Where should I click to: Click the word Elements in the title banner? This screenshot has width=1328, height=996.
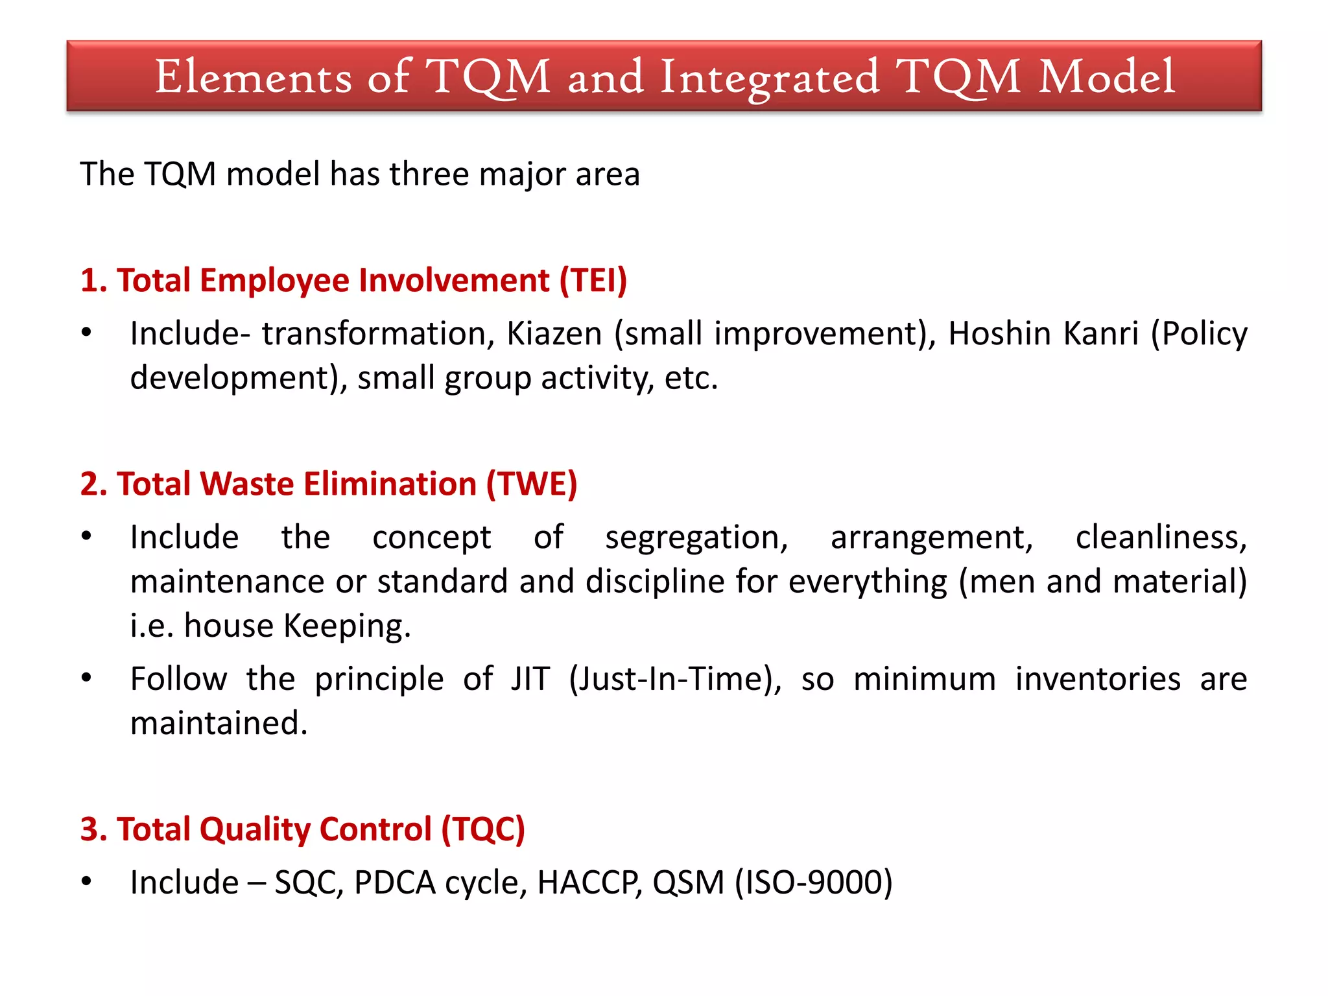(x=253, y=77)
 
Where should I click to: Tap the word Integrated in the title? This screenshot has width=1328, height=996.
(x=770, y=78)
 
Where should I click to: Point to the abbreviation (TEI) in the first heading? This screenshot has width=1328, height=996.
(x=593, y=280)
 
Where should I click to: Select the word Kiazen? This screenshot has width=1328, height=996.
(x=554, y=333)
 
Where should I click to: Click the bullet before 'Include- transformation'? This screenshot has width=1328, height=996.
(x=86, y=333)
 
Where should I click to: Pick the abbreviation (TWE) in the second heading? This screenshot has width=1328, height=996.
(x=531, y=484)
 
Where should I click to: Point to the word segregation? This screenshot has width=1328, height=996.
(x=696, y=538)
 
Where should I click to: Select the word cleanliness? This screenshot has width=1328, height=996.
(x=1161, y=538)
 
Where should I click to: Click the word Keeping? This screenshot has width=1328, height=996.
(x=348, y=626)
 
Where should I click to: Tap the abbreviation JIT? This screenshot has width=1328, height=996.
(x=530, y=679)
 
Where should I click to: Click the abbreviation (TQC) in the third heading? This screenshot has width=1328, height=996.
(x=483, y=829)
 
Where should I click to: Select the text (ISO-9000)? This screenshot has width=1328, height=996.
(x=813, y=883)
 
